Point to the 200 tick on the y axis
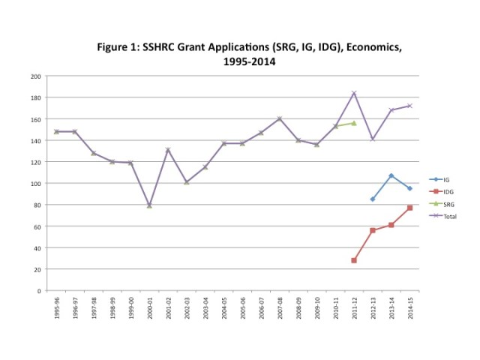35,76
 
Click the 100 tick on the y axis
35,184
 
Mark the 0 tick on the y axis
38,291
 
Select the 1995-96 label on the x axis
56,308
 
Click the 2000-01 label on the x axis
149,308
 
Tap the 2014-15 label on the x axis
409,308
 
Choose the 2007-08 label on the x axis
279,308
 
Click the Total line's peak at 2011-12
354,93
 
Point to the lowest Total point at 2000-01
149,205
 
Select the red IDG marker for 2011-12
354,260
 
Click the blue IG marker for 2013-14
391,175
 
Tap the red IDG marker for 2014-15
409,208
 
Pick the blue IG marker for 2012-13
373,199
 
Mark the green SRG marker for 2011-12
354,123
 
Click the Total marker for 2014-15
409,106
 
